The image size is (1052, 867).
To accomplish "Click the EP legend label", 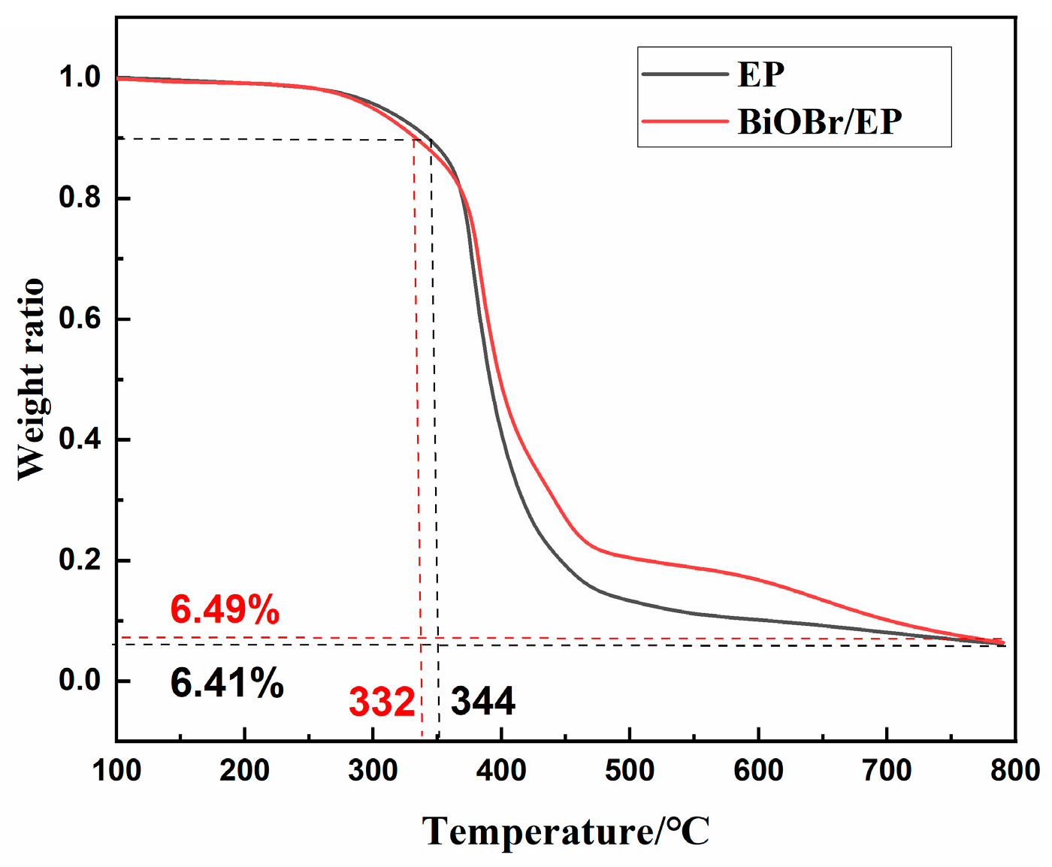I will point(760,74).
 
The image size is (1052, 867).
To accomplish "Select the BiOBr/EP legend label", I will point(819,121).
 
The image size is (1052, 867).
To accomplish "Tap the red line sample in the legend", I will point(685,121).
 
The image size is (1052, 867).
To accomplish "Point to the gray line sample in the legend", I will point(685,74).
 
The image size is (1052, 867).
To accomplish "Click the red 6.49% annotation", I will point(225,609).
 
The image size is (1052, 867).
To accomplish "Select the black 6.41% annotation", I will point(227,683).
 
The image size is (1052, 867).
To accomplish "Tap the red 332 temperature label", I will point(382,702).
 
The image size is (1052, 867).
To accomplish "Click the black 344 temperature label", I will point(482,702).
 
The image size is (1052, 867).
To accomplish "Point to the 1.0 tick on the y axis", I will point(80,77).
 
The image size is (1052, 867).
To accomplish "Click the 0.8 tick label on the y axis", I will point(80,198).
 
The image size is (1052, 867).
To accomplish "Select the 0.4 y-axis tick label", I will point(80,439).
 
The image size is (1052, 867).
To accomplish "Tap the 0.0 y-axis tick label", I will point(80,680).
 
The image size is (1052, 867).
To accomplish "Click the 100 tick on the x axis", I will point(116,771).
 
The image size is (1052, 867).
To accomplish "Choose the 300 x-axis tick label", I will point(373,771).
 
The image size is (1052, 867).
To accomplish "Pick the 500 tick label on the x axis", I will point(630,771).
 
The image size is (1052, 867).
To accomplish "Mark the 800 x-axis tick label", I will point(1015,771).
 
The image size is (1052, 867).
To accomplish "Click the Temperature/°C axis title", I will point(566,832).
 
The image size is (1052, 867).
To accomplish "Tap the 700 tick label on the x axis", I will point(887,771).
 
